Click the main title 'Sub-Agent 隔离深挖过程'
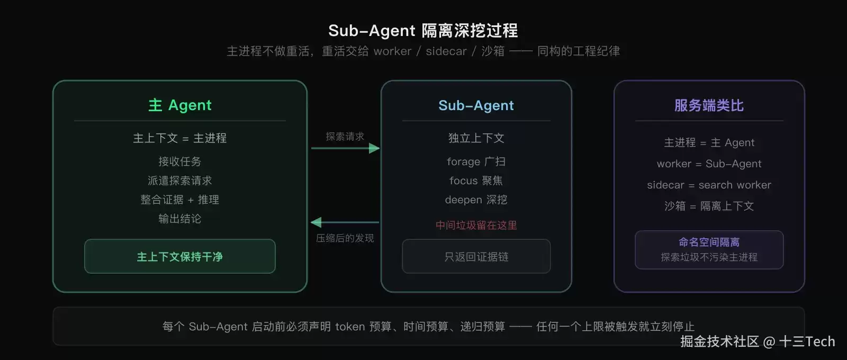(x=423, y=31)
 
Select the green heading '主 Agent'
(x=180, y=105)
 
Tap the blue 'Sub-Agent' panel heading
(x=476, y=105)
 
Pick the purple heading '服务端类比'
(x=709, y=105)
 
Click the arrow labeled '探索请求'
(x=345, y=148)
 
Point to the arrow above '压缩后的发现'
(x=345, y=222)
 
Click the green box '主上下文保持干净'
(x=180, y=256)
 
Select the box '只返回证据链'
(x=476, y=256)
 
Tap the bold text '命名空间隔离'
(x=709, y=242)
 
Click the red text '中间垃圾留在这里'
(x=476, y=226)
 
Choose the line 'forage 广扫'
(x=476, y=162)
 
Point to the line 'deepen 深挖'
(x=476, y=200)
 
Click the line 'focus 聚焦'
(x=476, y=181)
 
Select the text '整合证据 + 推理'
(x=180, y=200)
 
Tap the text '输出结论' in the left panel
(x=180, y=219)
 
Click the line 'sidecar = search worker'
(x=709, y=185)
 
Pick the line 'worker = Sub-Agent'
(x=709, y=164)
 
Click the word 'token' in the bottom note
(x=350, y=326)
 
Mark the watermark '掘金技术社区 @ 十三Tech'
(x=758, y=341)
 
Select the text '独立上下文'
(x=476, y=138)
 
